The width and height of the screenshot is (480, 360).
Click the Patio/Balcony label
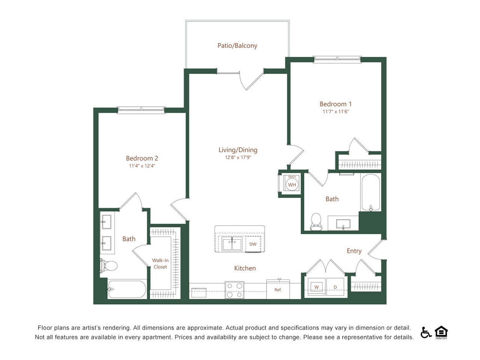(237, 46)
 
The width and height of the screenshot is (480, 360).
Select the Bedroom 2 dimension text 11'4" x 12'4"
(142, 166)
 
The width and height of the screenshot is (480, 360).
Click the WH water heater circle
(292, 185)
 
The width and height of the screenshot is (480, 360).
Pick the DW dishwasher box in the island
(253, 244)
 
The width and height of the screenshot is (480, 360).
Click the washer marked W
(317, 287)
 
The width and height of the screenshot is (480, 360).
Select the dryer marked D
(335, 287)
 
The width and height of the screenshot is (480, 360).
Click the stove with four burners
(234, 290)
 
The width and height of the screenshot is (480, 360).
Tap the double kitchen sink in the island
(232, 244)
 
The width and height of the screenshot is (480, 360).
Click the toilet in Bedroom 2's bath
(109, 266)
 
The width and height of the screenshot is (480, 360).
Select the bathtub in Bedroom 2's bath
(127, 289)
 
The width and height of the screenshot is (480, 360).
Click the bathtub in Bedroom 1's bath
(371, 192)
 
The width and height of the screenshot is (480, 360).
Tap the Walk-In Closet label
(160, 264)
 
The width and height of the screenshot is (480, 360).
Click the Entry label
(354, 251)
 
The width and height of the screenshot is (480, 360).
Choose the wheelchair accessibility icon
(426, 332)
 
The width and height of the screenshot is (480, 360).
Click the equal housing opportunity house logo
(441, 332)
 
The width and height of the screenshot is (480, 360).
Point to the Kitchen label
(245, 268)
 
